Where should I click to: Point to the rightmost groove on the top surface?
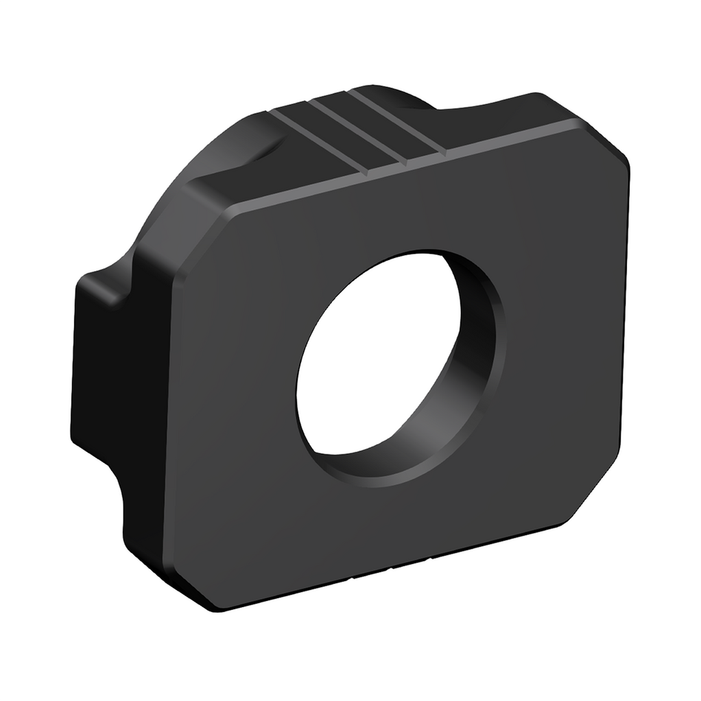pos(398,123)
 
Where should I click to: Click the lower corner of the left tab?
pos(89,446)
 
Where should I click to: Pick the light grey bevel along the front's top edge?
pos(412,165)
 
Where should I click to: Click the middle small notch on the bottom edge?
pos(392,568)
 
